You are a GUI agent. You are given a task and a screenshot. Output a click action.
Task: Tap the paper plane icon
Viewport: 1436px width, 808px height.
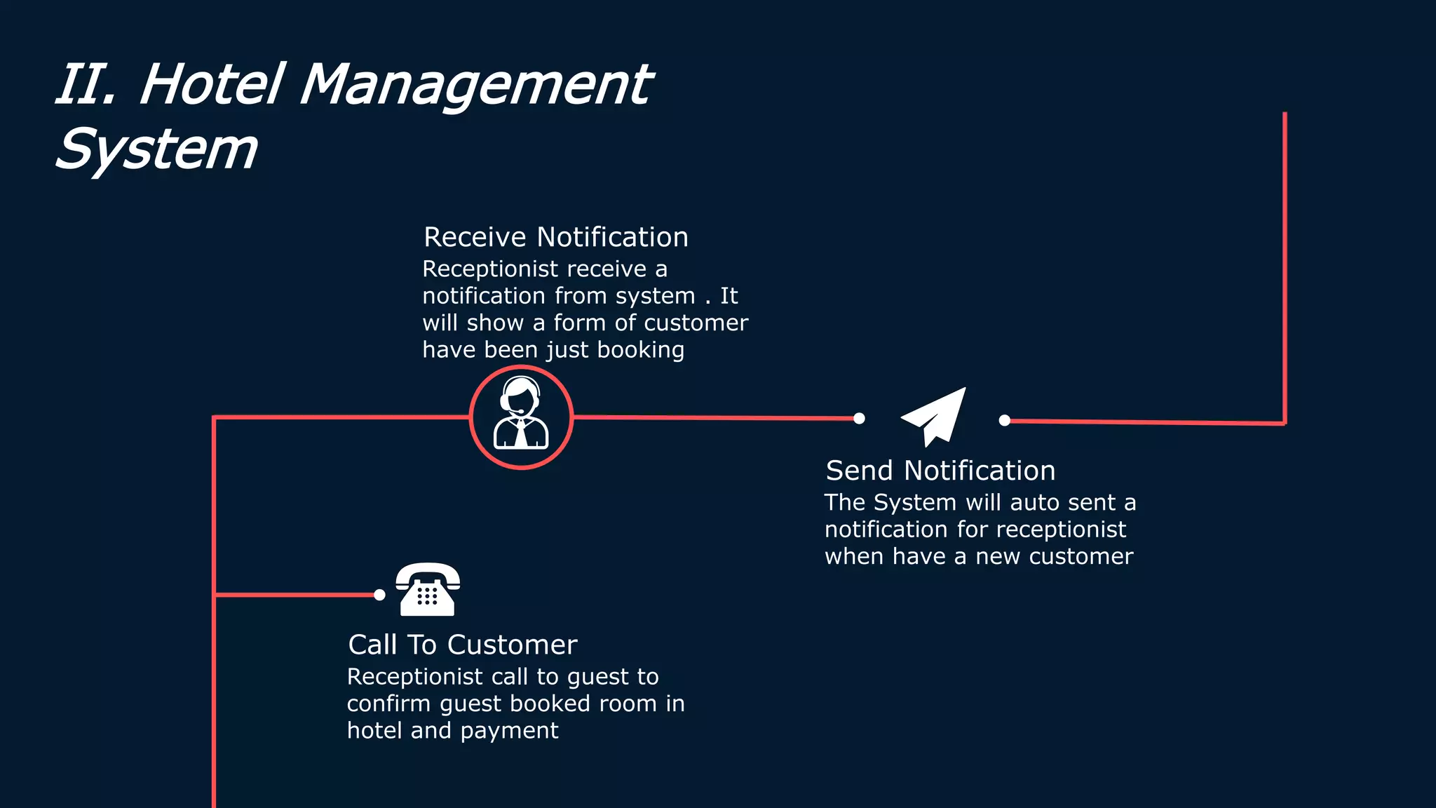pyautogui.click(x=935, y=417)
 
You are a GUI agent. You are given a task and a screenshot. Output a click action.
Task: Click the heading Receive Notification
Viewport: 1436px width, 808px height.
pyautogui.click(x=555, y=237)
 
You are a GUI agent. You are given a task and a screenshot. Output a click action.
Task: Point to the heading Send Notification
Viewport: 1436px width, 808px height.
pyautogui.click(x=940, y=471)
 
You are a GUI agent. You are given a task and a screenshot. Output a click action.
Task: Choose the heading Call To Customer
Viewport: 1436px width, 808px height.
pyautogui.click(x=463, y=645)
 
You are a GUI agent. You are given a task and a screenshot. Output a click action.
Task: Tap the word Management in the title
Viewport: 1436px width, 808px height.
pyautogui.click(x=475, y=86)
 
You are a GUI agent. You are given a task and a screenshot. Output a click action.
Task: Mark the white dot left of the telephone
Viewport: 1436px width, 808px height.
pyautogui.click(x=379, y=595)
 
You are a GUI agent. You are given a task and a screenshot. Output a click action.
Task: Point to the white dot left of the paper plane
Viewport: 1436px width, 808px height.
pyautogui.click(x=859, y=419)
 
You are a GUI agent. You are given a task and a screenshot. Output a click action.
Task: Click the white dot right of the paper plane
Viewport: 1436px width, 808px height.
pyautogui.click(x=1005, y=420)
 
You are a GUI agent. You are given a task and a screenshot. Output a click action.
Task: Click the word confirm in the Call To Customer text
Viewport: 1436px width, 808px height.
pyautogui.click(x=388, y=703)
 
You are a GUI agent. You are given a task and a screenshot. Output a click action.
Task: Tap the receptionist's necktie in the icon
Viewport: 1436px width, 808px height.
pyautogui.click(x=522, y=433)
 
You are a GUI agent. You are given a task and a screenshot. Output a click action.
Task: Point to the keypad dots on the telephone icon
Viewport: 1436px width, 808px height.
pyautogui.click(x=427, y=595)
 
